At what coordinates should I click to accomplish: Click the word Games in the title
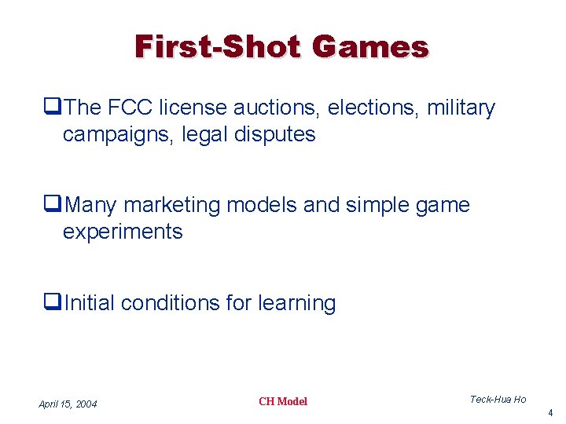[x=370, y=46]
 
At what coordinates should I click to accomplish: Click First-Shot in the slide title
[x=217, y=46]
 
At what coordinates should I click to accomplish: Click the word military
[x=461, y=108]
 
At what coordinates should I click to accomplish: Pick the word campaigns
[x=118, y=134]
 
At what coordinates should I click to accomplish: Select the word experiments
[x=123, y=232]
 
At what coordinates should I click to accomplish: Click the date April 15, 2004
[x=68, y=404]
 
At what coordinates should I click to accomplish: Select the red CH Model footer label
[x=283, y=401]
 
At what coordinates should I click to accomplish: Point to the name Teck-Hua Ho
[x=498, y=400]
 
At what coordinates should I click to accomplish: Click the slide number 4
[x=550, y=412]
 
